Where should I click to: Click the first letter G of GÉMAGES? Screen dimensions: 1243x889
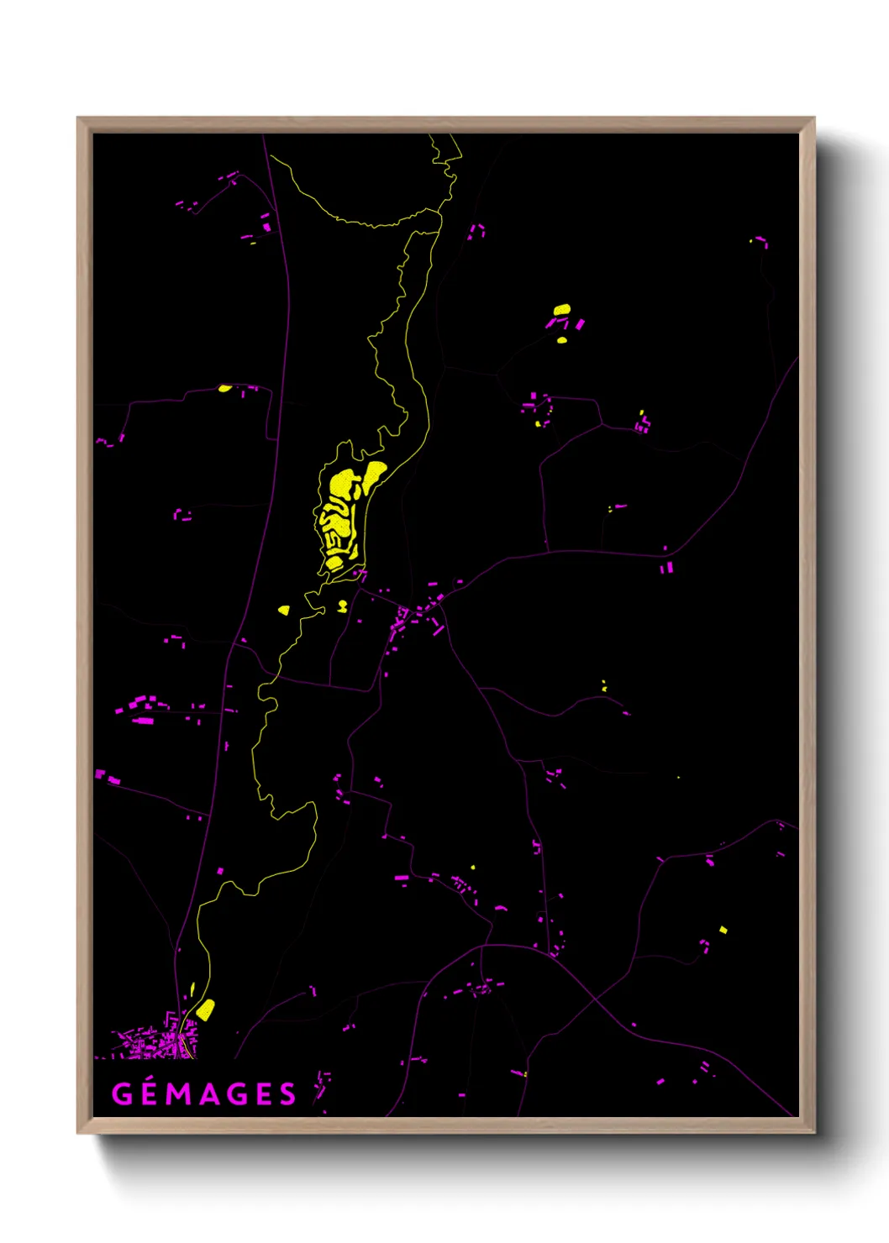[x=122, y=1094]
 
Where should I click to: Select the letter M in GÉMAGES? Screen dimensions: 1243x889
[x=177, y=1094]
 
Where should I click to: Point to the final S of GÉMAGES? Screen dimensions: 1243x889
[x=287, y=1094]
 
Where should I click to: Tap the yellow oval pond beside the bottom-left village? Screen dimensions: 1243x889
[x=205, y=1009]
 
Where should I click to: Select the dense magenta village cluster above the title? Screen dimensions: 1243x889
[x=155, y=1044]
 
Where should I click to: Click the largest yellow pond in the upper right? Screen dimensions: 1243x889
[x=562, y=310]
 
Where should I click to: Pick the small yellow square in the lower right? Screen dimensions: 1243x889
[x=723, y=930]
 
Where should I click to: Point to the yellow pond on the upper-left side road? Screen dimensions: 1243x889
[x=224, y=388]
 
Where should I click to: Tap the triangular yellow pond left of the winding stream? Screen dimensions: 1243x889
[x=284, y=610]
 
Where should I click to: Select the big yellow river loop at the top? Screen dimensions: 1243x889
[x=361, y=202]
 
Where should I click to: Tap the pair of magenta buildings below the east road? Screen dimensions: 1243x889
[x=666, y=569]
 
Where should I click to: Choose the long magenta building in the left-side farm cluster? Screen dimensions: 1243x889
[x=143, y=721]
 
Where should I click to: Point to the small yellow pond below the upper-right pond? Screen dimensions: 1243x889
[x=562, y=340]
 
